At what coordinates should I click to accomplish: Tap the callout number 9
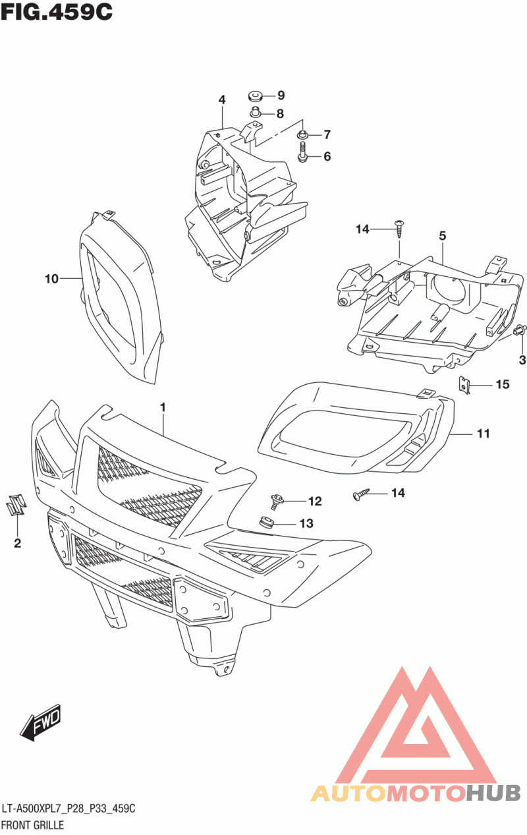[280, 95]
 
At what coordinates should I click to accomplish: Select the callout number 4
[222, 100]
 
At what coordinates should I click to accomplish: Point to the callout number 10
[52, 279]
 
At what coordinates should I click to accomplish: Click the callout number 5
[443, 235]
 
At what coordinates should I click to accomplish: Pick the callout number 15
[503, 384]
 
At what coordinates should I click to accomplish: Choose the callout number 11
[484, 434]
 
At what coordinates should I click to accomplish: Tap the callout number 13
[306, 524]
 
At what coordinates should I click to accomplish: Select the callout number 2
[17, 543]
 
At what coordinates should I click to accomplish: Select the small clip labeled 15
[466, 384]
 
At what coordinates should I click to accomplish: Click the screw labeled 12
[277, 503]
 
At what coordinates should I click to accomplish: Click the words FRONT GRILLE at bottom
[33, 824]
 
